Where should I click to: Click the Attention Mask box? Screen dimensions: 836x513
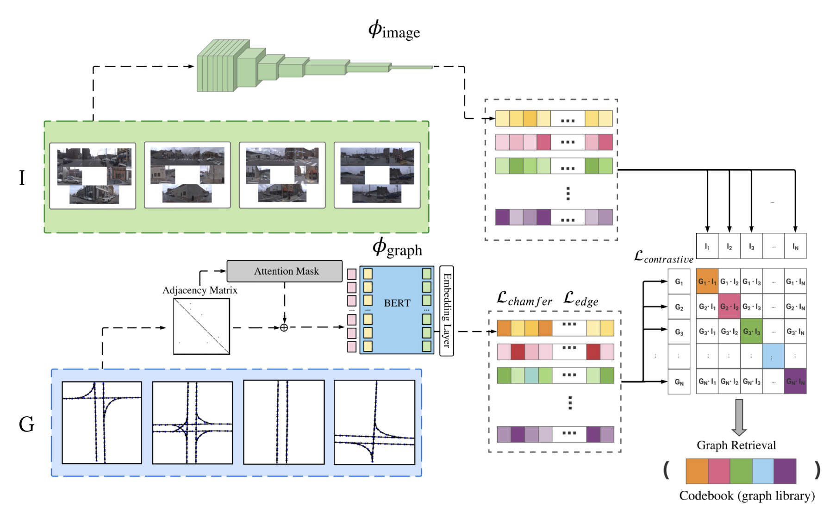coord(284,271)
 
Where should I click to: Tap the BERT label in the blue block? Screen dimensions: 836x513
coord(397,303)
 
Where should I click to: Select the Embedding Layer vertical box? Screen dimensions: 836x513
coord(446,311)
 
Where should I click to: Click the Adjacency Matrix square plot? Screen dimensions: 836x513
coord(201,326)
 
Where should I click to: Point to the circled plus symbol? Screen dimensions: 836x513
coord(284,327)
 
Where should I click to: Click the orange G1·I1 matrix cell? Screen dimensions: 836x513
coord(707,281)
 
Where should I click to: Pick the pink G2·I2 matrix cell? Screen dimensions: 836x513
coord(729,306)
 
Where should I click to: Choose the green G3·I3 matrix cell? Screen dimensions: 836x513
coord(751,331)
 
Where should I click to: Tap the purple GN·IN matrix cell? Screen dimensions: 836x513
coord(795,381)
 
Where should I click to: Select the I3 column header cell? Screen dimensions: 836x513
coord(751,246)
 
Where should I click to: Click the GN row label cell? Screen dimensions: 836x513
coord(679,382)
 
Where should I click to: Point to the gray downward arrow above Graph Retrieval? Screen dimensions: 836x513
coord(739,417)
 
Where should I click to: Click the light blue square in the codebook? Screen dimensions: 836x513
coord(762,471)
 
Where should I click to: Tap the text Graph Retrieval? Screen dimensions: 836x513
coord(736,445)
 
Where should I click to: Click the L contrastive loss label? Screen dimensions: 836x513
coord(663,257)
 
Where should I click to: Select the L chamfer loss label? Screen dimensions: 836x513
coord(524,299)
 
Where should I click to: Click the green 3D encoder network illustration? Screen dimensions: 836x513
coord(315,66)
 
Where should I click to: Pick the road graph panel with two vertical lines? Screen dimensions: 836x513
coord(284,422)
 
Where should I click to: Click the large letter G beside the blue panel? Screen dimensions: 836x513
coord(26,424)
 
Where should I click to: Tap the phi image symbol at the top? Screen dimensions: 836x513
coord(394,30)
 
